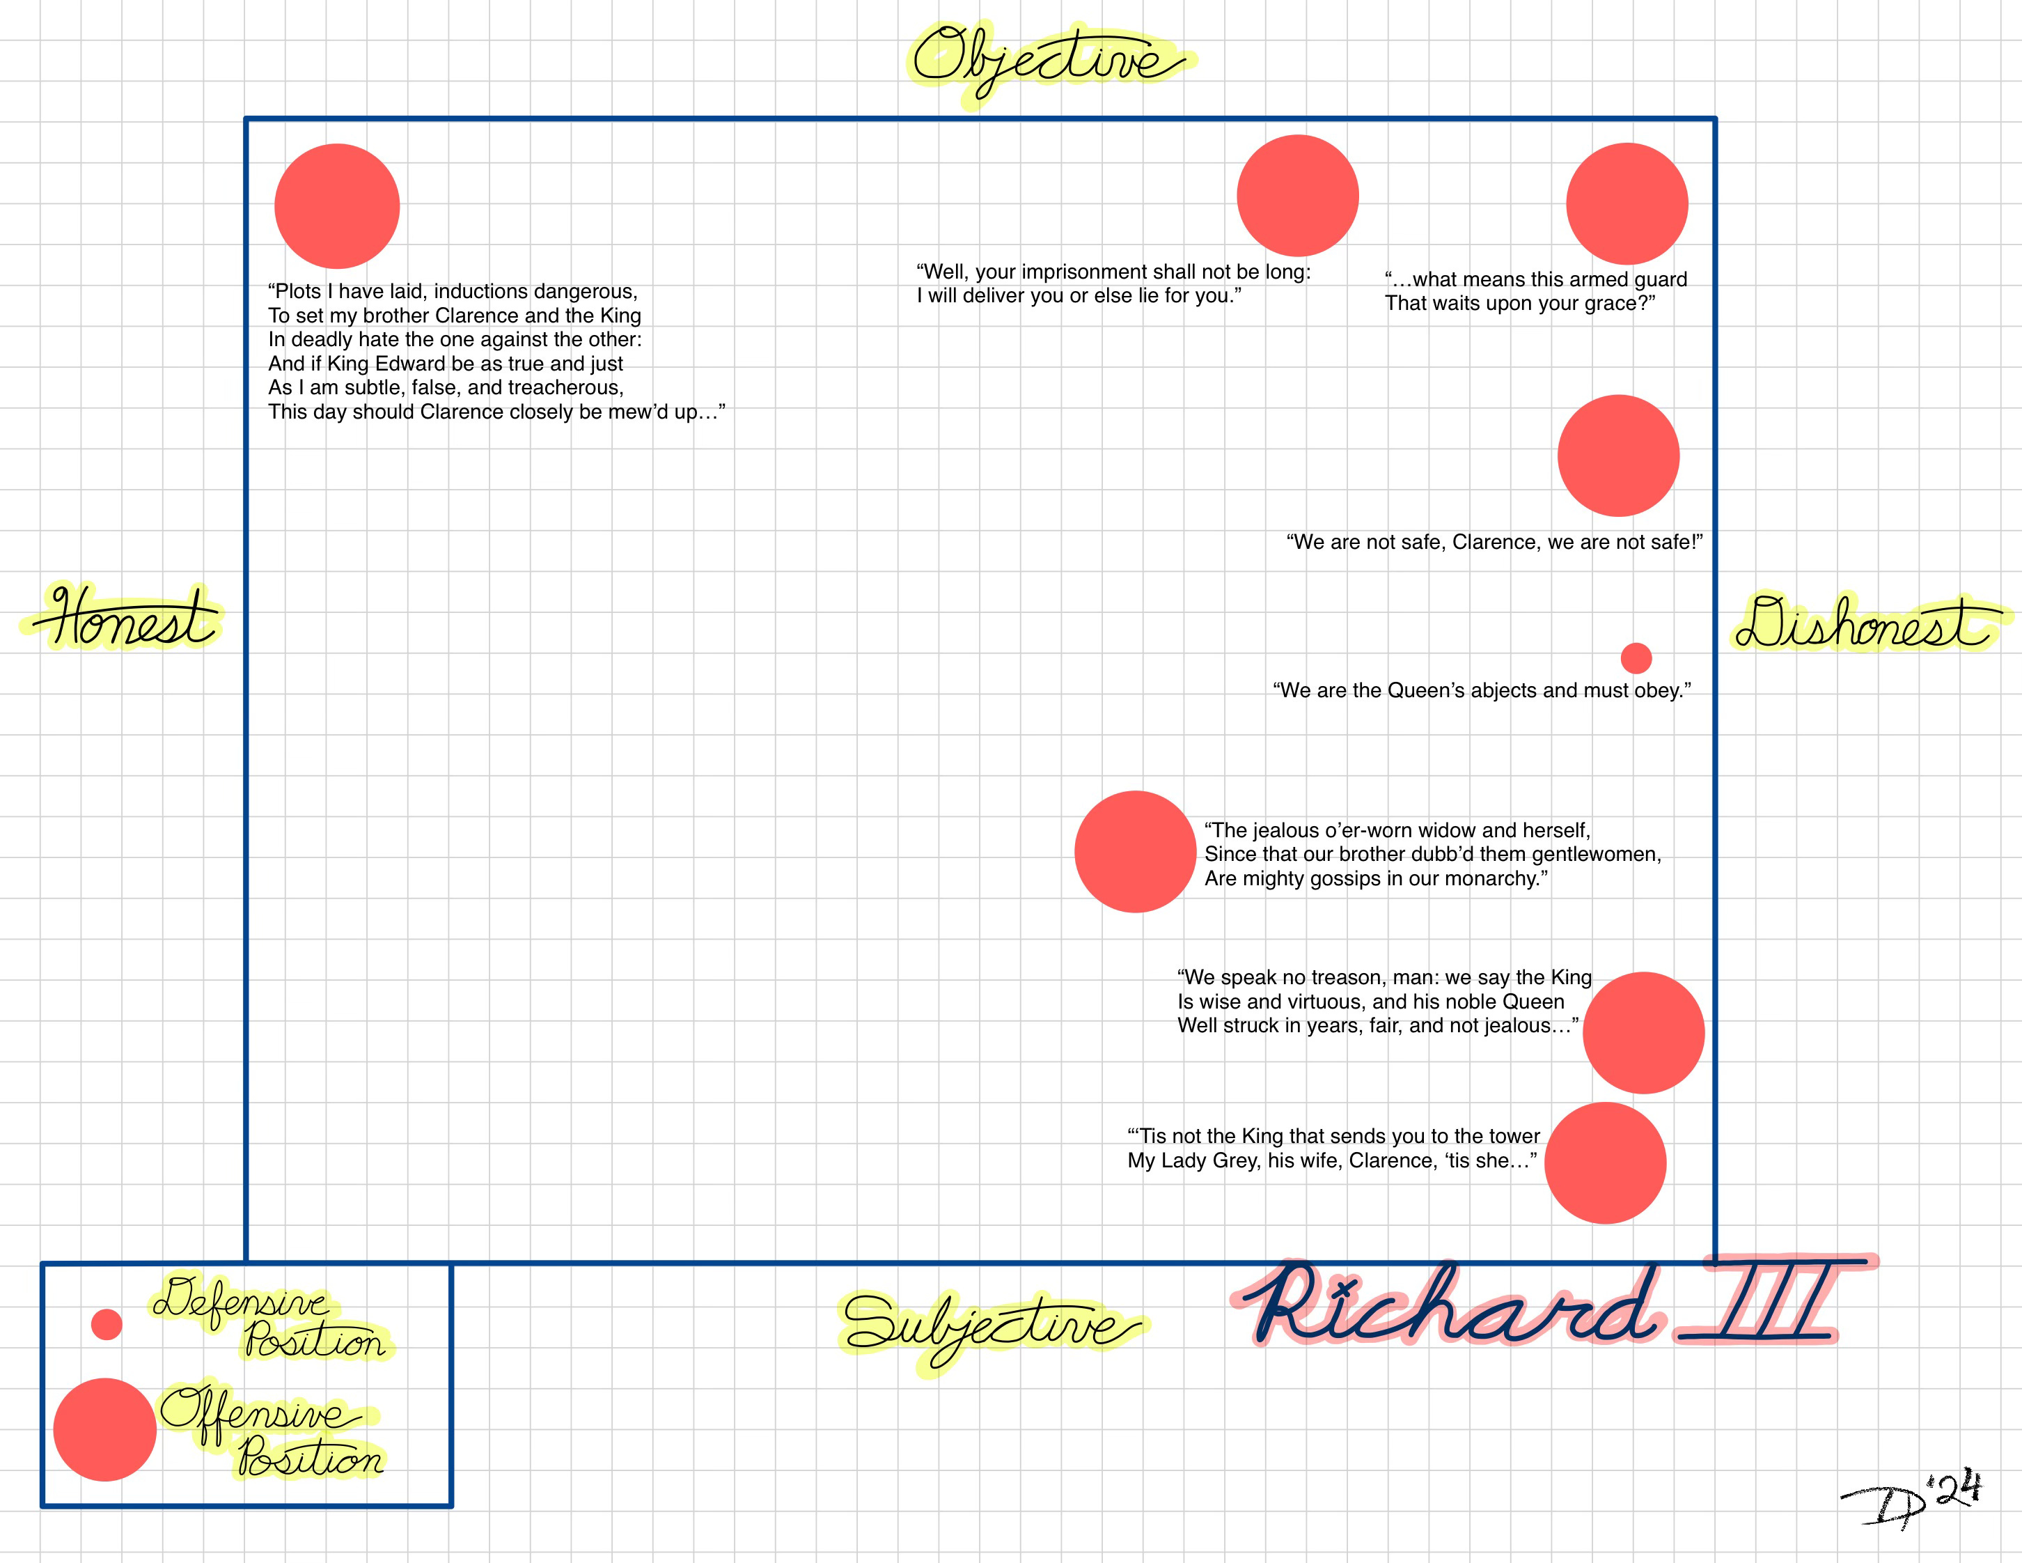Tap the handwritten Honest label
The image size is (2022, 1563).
click(x=125, y=619)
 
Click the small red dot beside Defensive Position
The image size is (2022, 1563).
click(x=107, y=1324)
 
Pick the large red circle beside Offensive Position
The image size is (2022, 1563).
click(x=104, y=1430)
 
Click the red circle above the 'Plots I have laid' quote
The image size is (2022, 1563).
click(x=337, y=205)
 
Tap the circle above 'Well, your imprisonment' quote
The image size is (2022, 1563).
click(x=1297, y=195)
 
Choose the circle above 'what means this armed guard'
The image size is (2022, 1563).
click(x=1627, y=203)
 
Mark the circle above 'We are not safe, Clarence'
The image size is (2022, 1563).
click(x=1618, y=456)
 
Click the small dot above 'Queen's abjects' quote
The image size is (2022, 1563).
click(x=1636, y=658)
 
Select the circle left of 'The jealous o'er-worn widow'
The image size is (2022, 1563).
click(x=1135, y=852)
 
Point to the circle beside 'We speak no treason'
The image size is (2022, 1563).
click(x=1643, y=1032)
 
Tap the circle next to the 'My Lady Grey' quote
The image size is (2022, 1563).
click(x=1606, y=1163)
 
